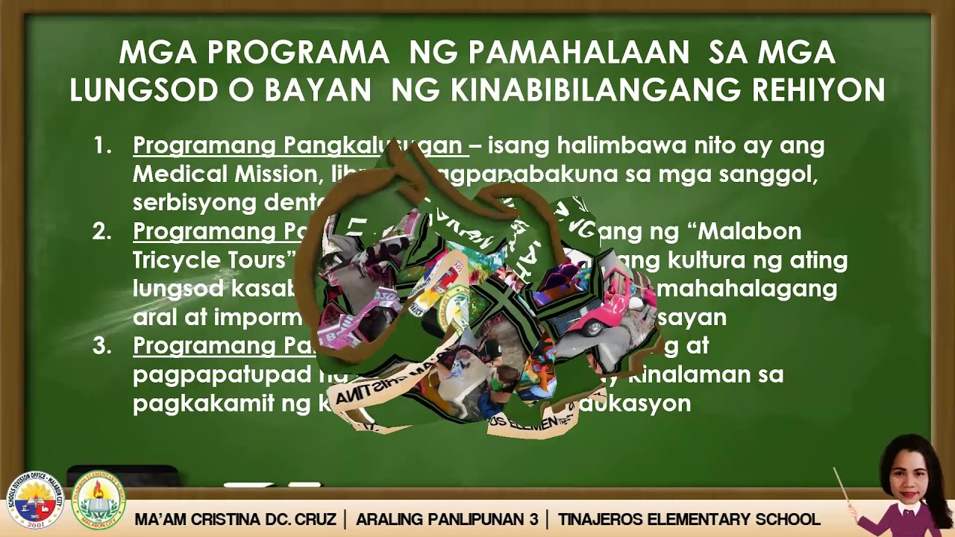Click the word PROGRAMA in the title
tap(298, 53)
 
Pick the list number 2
tap(101, 232)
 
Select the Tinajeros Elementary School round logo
tap(98, 500)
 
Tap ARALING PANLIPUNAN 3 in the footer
tap(447, 519)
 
